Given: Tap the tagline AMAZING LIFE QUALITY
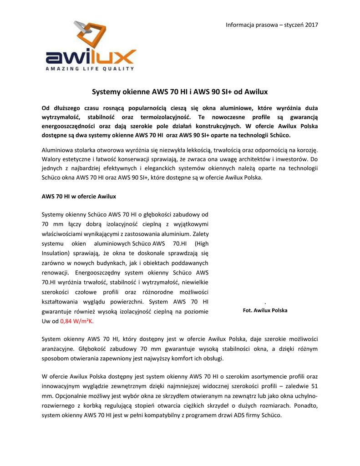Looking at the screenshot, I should tap(91, 69).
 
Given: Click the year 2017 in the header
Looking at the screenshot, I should tap(311, 24).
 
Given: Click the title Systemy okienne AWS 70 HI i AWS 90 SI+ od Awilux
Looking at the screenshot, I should tap(180, 91).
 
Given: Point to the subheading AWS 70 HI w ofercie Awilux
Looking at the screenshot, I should tap(79, 196).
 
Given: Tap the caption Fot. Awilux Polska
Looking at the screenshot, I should tap(265, 310).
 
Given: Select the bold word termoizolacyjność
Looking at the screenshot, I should tap(168, 117).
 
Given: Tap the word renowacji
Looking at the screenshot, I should tap(55, 273).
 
